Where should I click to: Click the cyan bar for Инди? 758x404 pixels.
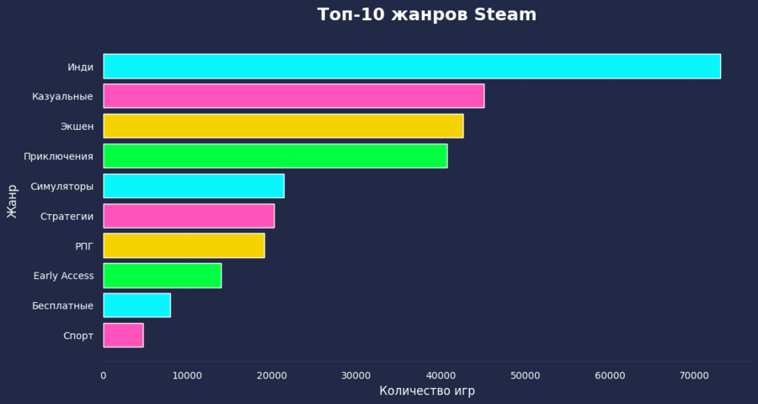coord(412,67)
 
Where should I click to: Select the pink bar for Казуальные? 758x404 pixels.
coord(293,96)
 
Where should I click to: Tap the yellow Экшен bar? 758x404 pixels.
coord(283,127)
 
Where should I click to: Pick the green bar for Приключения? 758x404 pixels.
coord(275,156)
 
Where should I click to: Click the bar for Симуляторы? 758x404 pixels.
coord(194,186)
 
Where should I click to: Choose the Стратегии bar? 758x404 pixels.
coord(189,216)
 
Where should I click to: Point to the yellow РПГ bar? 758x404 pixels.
coord(184,245)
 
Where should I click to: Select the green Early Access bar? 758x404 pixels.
coord(163,276)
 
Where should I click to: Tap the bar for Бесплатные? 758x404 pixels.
coord(136,305)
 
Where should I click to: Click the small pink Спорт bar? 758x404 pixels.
coord(123,335)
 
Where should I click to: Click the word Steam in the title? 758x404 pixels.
coord(505,15)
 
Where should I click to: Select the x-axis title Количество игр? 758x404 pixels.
coord(427,391)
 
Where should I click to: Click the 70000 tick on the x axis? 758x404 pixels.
coord(693,375)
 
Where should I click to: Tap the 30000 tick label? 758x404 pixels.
coord(355,375)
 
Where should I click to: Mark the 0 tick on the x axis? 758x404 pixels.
coord(104,375)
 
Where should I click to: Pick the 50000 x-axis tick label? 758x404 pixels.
coord(525,375)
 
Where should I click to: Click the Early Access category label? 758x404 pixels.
coord(63,276)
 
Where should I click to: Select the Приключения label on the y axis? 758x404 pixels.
coord(58,156)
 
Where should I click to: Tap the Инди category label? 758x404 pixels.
coord(80,67)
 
